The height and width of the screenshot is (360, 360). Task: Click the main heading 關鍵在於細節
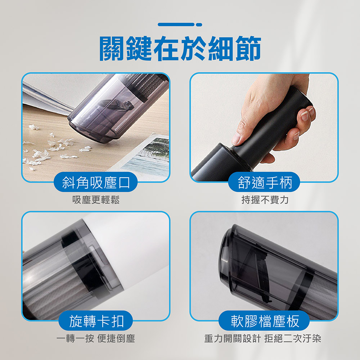click(180, 48)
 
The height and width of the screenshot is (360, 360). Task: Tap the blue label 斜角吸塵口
click(96, 182)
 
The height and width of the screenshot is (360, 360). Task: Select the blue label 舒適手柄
click(264, 182)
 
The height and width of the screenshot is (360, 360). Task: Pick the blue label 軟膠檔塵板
click(264, 321)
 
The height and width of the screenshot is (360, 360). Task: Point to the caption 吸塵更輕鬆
click(96, 200)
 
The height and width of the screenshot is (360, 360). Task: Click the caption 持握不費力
click(265, 200)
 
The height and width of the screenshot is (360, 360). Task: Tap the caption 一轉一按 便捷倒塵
click(96, 338)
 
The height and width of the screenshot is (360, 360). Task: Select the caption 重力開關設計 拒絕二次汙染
click(263, 338)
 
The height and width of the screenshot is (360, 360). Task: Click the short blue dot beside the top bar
click(199, 24)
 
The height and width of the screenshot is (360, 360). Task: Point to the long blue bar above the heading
click(176, 24)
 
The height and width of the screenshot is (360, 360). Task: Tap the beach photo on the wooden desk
click(147, 156)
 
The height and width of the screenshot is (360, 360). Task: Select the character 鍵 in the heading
click(140, 48)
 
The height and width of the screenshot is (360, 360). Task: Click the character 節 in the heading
click(248, 48)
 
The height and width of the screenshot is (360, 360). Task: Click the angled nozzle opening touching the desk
click(92, 131)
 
